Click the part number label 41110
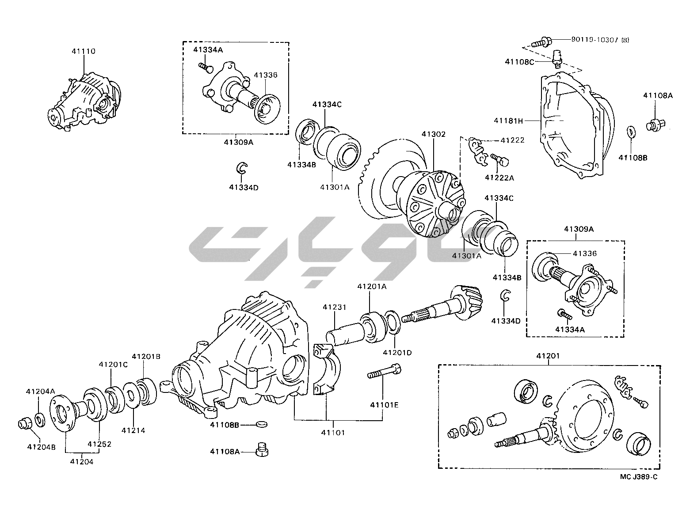click(x=83, y=51)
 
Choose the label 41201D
click(x=397, y=352)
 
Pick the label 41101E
click(x=384, y=404)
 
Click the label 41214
click(x=133, y=430)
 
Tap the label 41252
click(x=99, y=444)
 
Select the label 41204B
click(x=41, y=446)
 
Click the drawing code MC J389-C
click(x=639, y=476)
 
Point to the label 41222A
click(x=499, y=177)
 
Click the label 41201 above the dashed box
click(x=548, y=356)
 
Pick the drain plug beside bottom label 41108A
click(x=262, y=450)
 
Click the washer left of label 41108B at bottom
click(x=262, y=424)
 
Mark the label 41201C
click(x=113, y=364)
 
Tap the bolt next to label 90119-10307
click(x=541, y=43)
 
